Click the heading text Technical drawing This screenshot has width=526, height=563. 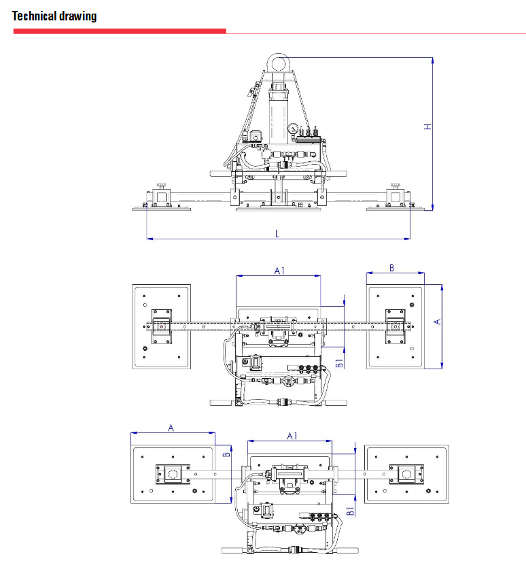coord(54,16)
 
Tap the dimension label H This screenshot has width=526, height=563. coord(427,126)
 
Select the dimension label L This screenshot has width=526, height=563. coord(277,234)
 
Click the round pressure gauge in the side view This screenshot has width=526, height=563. coord(294,129)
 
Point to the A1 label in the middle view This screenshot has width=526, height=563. coord(279,271)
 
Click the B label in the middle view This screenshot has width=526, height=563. coord(392,268)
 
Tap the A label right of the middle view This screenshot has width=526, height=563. coord(437,322)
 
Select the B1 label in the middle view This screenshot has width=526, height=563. coord(339,363)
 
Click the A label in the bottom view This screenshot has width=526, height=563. coord(171,428)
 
